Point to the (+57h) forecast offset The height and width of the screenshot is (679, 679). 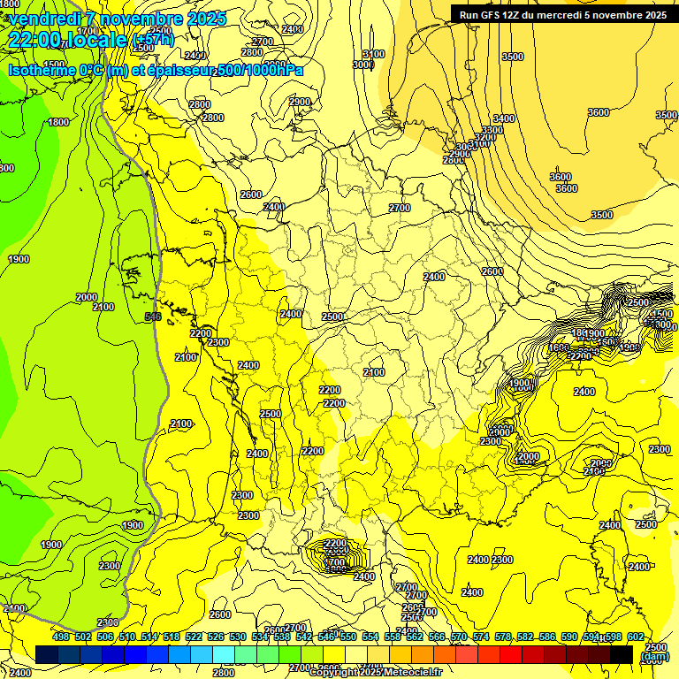coord(152,41)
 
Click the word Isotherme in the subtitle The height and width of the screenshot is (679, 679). coord(41,70)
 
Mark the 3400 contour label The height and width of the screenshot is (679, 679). coord(504,118)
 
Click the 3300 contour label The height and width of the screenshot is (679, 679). coord(492,130)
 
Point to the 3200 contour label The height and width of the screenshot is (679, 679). coord(484,137)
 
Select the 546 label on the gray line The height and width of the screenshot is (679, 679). coord(153,316)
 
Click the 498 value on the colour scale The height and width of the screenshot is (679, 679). coord(61,637)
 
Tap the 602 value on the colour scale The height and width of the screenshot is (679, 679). coord(635,637)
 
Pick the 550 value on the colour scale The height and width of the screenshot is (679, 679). coord(347,637)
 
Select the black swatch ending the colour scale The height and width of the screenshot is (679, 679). coord(621,654)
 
